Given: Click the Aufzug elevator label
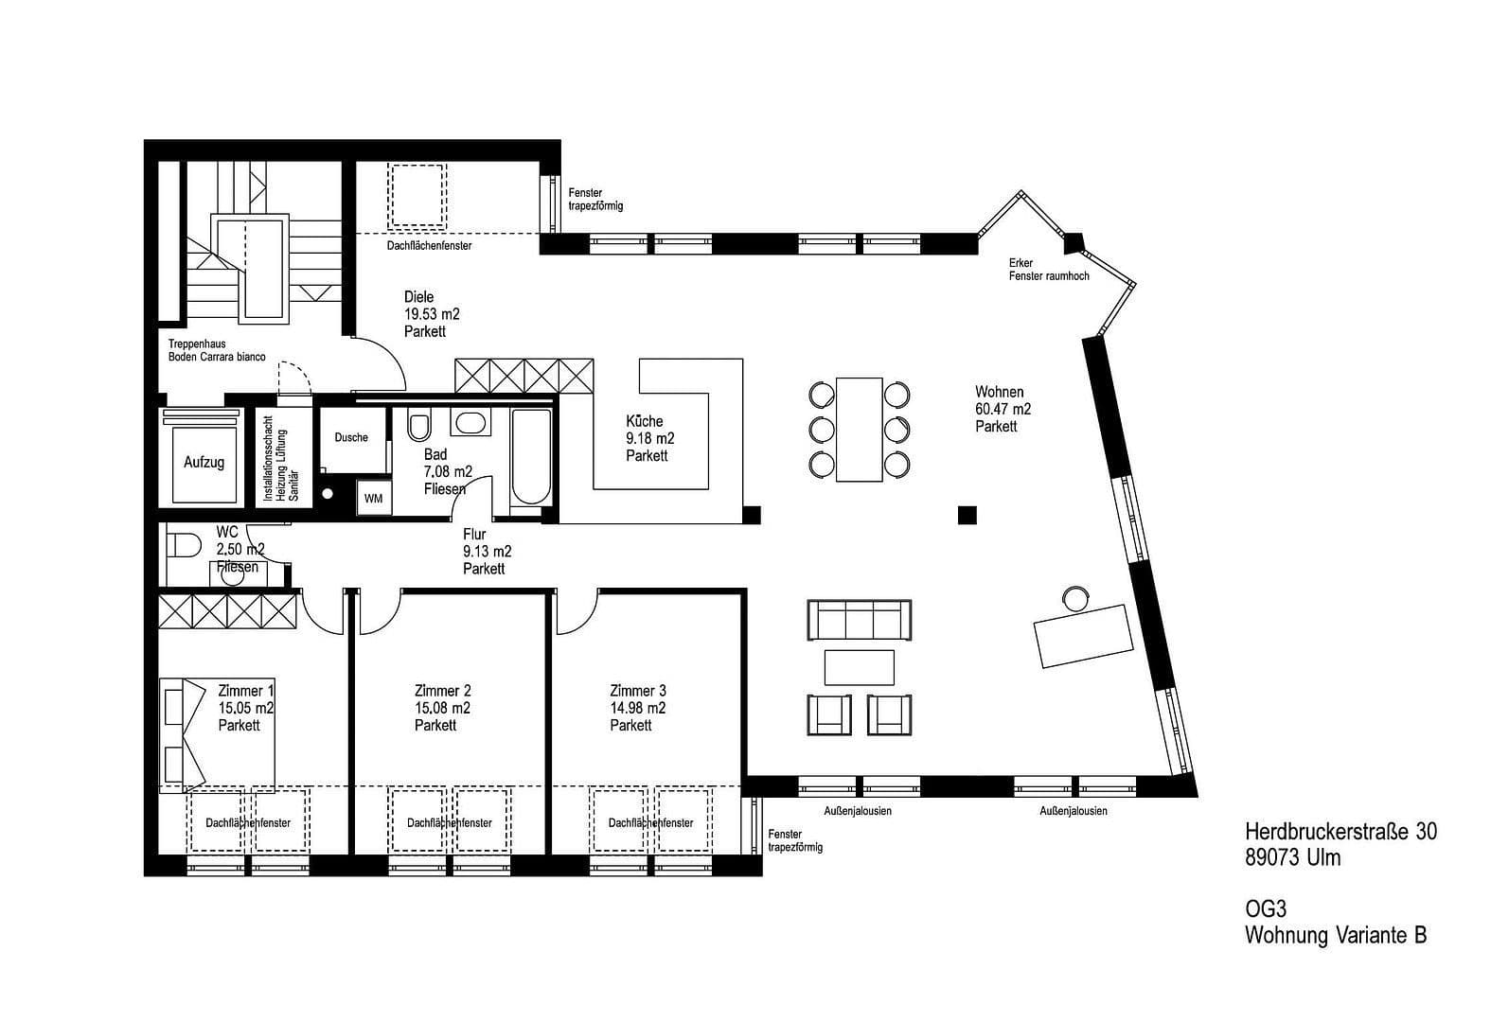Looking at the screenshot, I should (204, 463).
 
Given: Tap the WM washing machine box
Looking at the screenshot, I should (373, 499).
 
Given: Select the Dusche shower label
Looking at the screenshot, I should (351, 437).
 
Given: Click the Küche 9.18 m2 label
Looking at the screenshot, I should (649, 438).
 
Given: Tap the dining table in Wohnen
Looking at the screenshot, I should (859, 429).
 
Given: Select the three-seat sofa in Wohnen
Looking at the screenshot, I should (859, 621).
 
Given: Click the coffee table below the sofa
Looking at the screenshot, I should (859, 666).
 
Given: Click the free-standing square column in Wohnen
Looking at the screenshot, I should (966, 515).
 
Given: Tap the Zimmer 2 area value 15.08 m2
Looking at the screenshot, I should (442, 708).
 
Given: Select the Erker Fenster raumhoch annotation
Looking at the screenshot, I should (1048, 270).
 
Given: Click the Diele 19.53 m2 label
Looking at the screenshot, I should (432, 314).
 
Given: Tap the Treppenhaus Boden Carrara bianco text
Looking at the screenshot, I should (217, 350).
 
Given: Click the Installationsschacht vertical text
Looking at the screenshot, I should (281, 458).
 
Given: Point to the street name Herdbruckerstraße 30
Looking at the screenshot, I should (1340, 831).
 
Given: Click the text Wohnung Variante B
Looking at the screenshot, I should (1335, 935).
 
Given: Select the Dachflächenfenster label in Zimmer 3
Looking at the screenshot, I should (650, 823).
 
